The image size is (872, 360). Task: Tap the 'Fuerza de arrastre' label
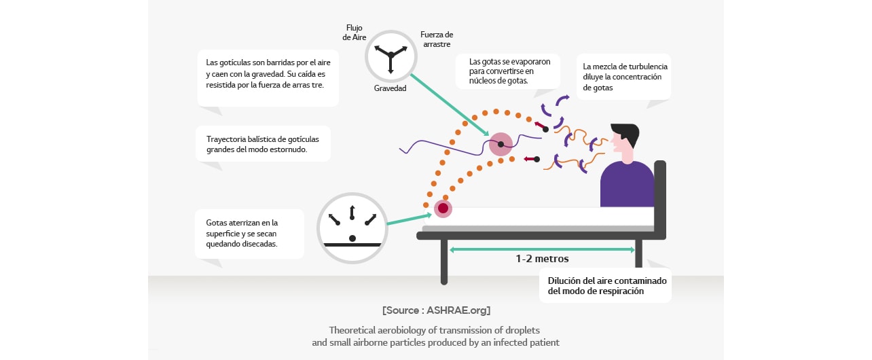[x=437, y=39]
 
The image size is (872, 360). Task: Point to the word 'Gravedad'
[x=390, y=89]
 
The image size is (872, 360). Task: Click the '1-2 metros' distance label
[x=542, y=259]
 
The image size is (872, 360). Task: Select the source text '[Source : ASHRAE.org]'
[x=436, y=310]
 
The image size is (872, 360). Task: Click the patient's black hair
[x=627, y=132]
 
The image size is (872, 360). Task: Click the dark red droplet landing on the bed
[x=443, y=209]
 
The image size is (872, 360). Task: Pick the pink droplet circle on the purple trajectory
[x=501, y=144]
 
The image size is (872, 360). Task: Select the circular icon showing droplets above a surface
[x=352, y=227]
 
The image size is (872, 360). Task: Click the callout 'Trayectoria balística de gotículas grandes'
[x=263, y=144]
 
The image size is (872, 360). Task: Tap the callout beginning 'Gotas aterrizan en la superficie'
[x=249, y=233]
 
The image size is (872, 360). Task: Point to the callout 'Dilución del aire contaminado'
[x=607, y=285]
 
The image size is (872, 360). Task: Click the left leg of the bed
[x=444, y=262]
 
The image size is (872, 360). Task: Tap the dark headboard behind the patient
[x=659, y=197]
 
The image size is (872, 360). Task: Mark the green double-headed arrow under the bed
[x=542, y=249]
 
